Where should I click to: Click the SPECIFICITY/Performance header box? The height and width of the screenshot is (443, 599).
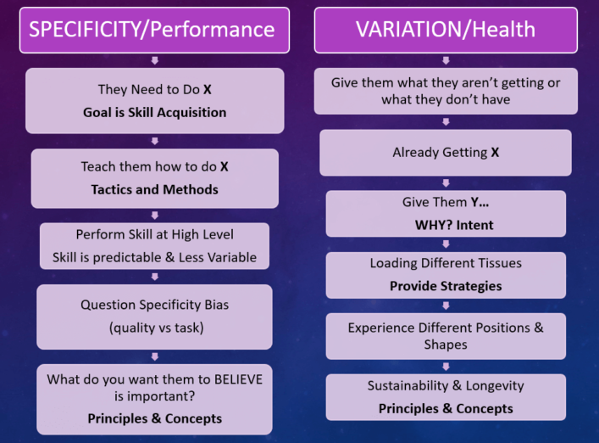(x=154, y=30)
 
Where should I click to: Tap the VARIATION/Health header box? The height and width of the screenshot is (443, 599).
(x=446, y=30)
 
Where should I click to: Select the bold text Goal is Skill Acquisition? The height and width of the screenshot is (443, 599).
(x=155, y=113)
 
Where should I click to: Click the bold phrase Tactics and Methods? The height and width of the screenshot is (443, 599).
(x=155, y=189)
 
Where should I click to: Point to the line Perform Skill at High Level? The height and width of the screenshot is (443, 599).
(x=155, y=234)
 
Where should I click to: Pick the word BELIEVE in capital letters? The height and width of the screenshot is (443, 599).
(x=238, y=379)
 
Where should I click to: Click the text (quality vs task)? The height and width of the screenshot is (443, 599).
(x=156, y=328)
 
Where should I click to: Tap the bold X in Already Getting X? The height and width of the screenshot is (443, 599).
(x=495, y=152)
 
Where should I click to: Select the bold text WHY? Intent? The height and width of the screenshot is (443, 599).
(x=454, y=225)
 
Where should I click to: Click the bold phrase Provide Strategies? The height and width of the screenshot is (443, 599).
(x=446, y=286)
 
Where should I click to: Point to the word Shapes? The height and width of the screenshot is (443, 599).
(x=446, y=345)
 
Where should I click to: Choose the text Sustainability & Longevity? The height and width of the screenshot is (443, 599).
(x=446, y=385)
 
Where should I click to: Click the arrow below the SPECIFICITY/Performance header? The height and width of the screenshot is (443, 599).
(x=155, y=60)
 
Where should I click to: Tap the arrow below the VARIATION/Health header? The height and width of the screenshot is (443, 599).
(x=446, y=60)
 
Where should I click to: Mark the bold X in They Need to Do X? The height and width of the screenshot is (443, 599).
(x=208, y=89)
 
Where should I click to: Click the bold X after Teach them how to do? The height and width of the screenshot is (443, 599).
(x=225, y=166)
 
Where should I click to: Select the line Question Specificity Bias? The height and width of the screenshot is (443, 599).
(x=155, y=305)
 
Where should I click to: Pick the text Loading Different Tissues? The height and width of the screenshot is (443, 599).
(x=446, y=263)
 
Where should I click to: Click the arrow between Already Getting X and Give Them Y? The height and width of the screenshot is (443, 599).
(x=446, y=183)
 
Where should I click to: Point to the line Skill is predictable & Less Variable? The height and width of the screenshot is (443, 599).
(x=155, y=257)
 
